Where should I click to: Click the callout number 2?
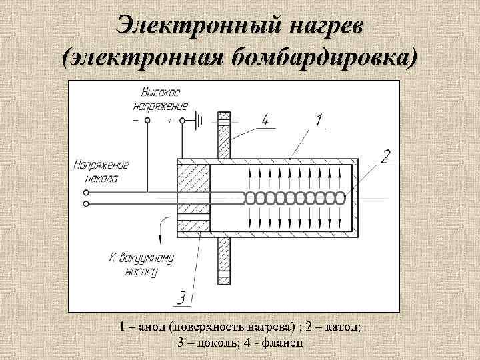(385, 157)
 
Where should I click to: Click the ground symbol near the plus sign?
(198, 121)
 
